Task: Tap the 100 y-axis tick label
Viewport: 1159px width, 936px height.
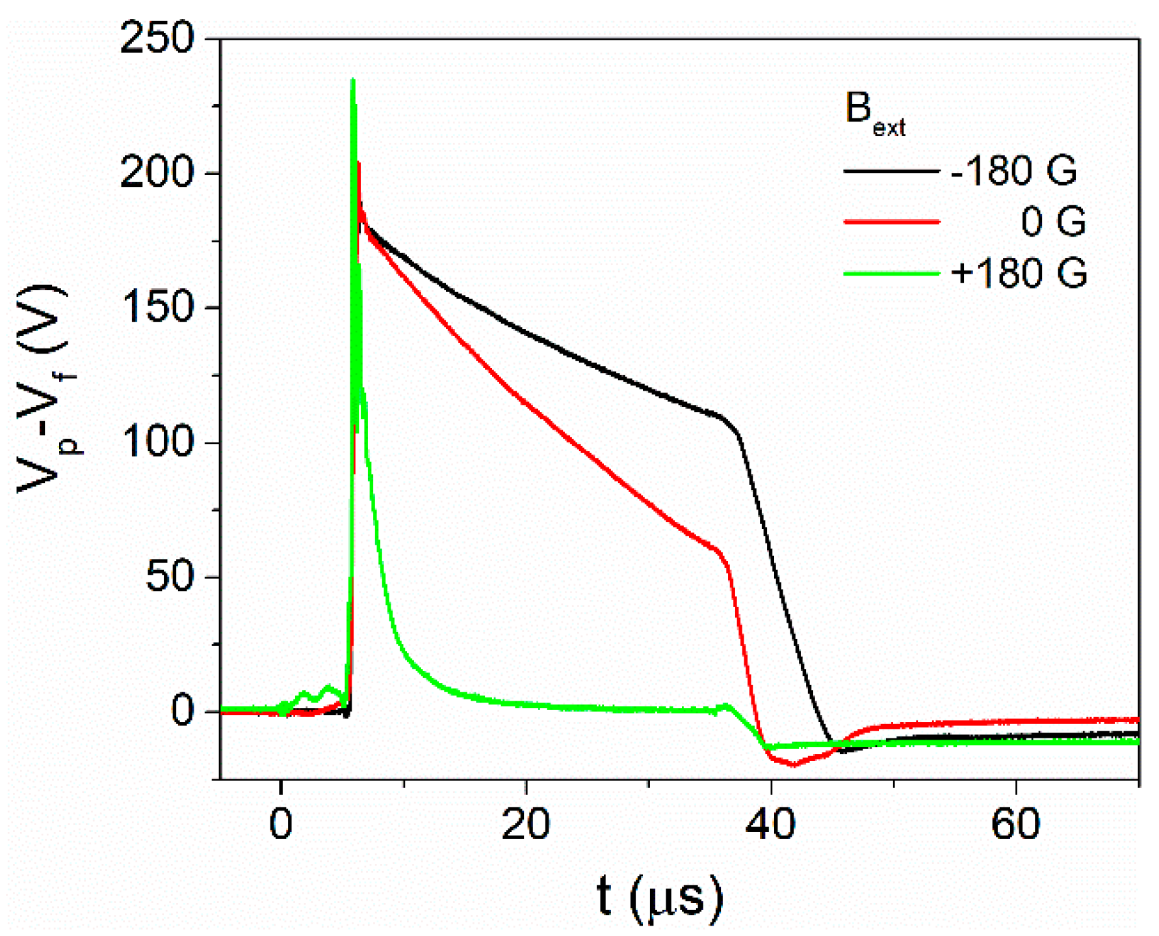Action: pyautogui.click(x=157, y=443)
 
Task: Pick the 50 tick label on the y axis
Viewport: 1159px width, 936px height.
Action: pyautogui.click(x=170, y=577)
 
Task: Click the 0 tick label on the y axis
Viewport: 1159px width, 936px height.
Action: pyautogui.click(x=183, y=711)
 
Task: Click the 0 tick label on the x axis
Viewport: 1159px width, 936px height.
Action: pyautogui.click(x=281, y=824)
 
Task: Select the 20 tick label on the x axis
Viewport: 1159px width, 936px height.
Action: pyautogui.click(x=526, y=824)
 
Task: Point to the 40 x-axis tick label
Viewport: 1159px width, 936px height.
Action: pyautogui.click(x=771, y=824)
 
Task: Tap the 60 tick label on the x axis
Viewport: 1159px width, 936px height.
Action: pyautogui.click(x=1015, y=824)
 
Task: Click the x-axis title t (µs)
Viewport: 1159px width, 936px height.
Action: pyautogui.click(x=659, y=897)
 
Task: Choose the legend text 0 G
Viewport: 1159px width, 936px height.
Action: pyautogui.click(x=1053, y=222)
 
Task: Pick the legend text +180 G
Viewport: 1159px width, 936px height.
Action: pyautogui.click(x=1019, y=272)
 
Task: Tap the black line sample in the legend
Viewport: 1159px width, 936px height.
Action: pyautogui.click(x=891, y=172)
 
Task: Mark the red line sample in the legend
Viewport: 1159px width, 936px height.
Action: pyautogui.click(x=891, y=222)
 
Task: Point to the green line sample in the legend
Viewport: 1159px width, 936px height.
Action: pyautogui.click(x=891, y=273)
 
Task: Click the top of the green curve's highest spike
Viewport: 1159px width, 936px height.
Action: pyautogui.click(x=353, y=80)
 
